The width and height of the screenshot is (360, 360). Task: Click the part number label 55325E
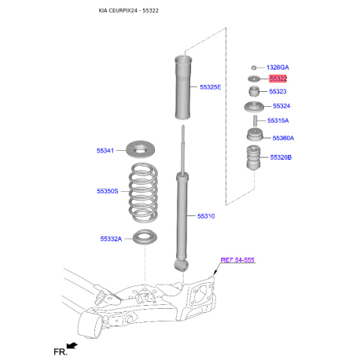pyautogui.click(x=210, y=87)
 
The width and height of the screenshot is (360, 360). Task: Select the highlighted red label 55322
pyautogui.click(x=277, y=79)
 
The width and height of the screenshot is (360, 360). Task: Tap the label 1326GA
pyautogui.click(x=277, y=68)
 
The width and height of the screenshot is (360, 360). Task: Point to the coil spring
pyautogui.click(x=143, y=193)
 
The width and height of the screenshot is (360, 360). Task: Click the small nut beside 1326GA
pyautogui.click(x=254, y=68)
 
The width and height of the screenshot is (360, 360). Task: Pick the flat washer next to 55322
pyautogui.click(x=254, y=79)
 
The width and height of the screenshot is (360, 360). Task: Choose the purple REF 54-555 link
pyautogui.click(x=237, y=260)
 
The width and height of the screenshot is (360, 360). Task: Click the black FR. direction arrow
pyautogui.click(x=72, y=346)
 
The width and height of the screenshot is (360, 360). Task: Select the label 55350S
pyautogui.click(x=108, y=191)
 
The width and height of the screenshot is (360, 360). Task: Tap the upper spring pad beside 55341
pyautogui.click(x=141, y=149)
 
